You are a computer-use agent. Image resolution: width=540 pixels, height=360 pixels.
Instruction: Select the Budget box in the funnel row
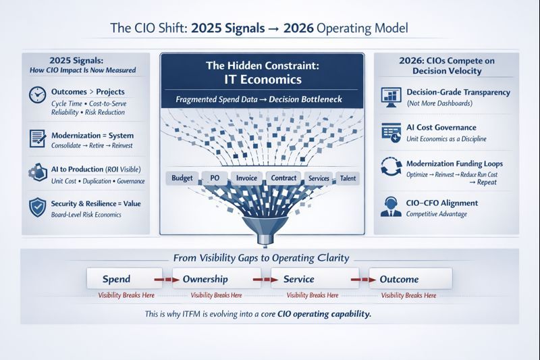tap(182, 178)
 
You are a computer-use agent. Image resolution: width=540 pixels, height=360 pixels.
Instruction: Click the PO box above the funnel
tap(215, 178)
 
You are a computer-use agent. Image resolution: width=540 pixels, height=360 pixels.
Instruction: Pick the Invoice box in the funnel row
tap(246, 178)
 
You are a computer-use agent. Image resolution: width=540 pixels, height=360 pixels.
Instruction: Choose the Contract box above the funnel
tap(282, 178)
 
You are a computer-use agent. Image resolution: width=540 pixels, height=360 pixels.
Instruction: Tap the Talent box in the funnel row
tap(348, 178)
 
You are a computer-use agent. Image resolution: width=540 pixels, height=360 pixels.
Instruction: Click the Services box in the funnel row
tap(317, 178)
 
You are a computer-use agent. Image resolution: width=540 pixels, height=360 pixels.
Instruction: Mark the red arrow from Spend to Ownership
tap(161, 278)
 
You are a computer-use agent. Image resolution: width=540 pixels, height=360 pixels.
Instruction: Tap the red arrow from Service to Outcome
tap(356, 278)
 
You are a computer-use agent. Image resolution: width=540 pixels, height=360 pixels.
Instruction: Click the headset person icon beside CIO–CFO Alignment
tap(391, 207)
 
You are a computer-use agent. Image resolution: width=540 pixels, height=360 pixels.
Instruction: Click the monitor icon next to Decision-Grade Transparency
tap(391, 96)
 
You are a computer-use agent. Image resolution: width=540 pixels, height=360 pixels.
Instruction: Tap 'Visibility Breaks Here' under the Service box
tap(313, 295)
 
